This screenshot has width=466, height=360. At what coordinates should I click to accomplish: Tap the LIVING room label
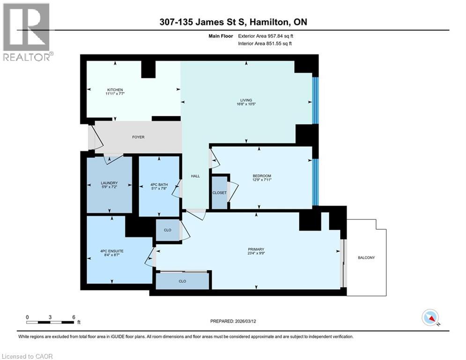246,100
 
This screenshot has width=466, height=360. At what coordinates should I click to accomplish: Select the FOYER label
138,137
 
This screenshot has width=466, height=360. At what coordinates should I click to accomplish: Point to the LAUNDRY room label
109,183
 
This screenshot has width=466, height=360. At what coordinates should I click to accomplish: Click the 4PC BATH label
159,184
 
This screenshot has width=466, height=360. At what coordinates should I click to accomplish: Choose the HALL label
195,176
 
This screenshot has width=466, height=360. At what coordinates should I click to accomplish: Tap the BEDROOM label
261,176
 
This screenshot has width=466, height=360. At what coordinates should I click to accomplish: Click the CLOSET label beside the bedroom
219,193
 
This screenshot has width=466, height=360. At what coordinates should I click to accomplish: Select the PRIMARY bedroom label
256,249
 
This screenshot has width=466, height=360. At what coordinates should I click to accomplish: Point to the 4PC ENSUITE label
111,251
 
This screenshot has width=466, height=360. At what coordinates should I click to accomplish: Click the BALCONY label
366,258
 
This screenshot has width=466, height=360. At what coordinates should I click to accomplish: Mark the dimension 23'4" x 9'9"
256,254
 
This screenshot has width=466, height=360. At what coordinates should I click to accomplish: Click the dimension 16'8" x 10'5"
246,105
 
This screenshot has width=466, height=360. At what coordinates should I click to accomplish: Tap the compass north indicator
430,318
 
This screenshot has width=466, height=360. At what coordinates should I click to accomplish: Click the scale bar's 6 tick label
74,317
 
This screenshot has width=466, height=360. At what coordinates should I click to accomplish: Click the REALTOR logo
27,32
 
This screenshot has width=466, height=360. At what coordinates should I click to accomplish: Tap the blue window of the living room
315,100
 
